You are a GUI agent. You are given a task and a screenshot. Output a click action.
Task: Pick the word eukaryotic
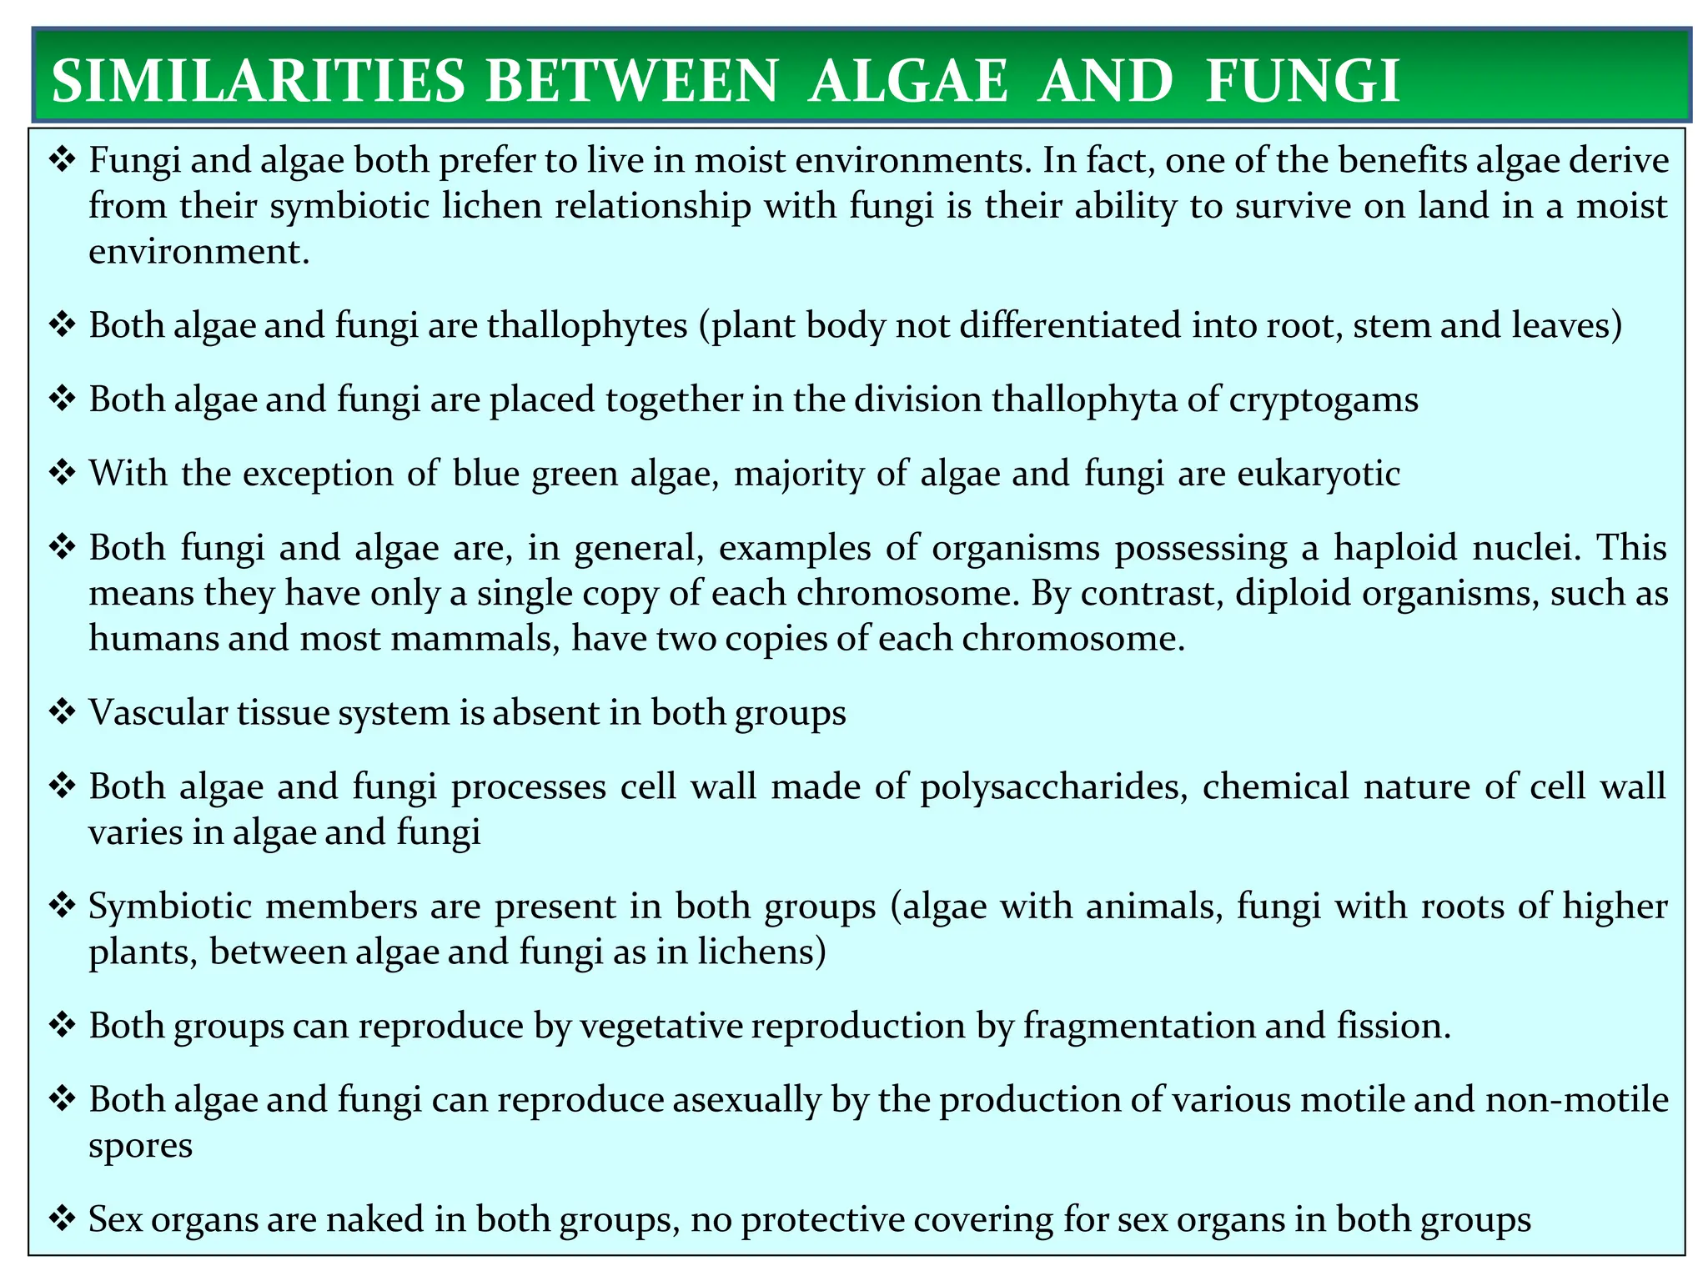[1319, 474]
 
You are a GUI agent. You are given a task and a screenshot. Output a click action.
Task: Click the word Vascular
[158, 712]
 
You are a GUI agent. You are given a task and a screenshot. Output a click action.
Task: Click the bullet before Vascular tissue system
[63, 713]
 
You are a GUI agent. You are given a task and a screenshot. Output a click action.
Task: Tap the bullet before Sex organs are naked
[63, 1220]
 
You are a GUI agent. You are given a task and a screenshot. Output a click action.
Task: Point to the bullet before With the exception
[63, 474]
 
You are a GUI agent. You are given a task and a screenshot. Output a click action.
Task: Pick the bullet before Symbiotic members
[63, 907]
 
